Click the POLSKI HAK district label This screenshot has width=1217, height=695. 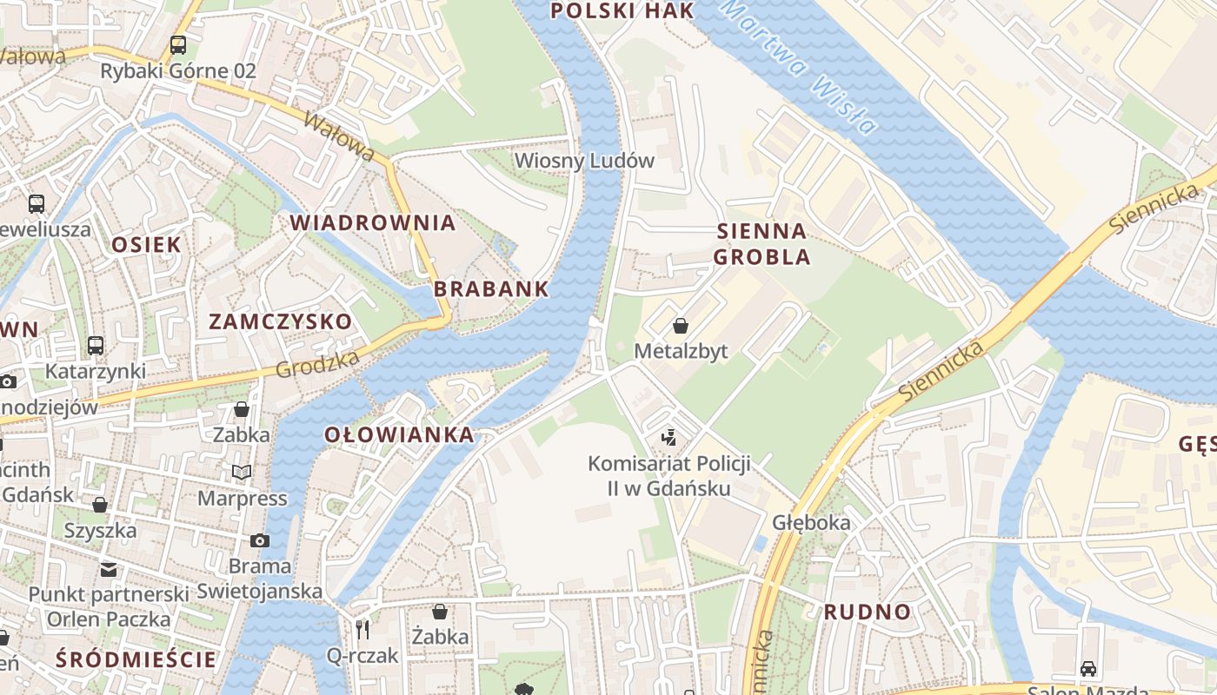pyautogui.click(x=623, y=10)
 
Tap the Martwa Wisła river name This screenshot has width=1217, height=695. pyautogui.click(x=798, y=67)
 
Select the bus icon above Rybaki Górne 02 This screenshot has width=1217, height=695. pyautogui.click(x=178, y=45)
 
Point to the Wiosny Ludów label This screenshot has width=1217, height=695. pyautogui.click(x=584, y=161)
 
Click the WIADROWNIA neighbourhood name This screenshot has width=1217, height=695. pyautogui.click(x=373, y=222)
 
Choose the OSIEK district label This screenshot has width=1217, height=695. pyautogui.click(x=146, y=244)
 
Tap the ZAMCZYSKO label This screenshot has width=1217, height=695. pyautogui.click(x=281, y=321)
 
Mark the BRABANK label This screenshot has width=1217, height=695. pyautogui.click(x=491, y=289)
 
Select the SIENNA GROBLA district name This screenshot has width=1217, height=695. pyautogui.click(x=762, y=244)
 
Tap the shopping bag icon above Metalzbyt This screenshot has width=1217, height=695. pyautogui.click(x=681, y=326)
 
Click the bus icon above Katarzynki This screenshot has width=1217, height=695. pyautogui.click(x=96, y=345)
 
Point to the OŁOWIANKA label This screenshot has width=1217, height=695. pyautogui.click(x=400, y=434)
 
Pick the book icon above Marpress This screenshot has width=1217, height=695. pyautogui.click(x=242, y=472)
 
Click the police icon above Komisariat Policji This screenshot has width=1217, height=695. pyautogui.click(x=668, y=437)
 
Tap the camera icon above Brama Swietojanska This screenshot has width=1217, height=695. pyautogui.click(x=259, y=540)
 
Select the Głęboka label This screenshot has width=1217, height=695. pyautogui.click(x=811, y=523)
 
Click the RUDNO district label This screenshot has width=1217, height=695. pyautogui.click(x=867, y=612)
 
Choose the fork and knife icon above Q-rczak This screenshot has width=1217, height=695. pyautogui.click(x=362, y=629)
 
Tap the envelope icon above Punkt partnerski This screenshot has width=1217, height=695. pyautogui.click(x=109, y=569)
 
